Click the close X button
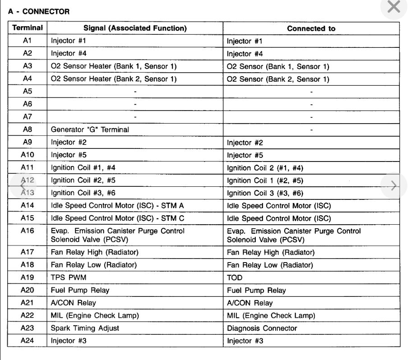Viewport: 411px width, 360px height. [394, 7]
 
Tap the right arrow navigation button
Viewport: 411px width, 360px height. [393, 185]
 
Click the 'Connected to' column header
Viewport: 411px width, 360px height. [311, 28]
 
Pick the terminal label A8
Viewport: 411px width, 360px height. [27, 129]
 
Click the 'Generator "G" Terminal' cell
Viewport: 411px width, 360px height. [90, 130]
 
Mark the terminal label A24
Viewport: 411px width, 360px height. [27, 341]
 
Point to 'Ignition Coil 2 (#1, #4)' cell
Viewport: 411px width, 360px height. [265, 167]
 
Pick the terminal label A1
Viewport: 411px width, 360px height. [27, 41]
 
